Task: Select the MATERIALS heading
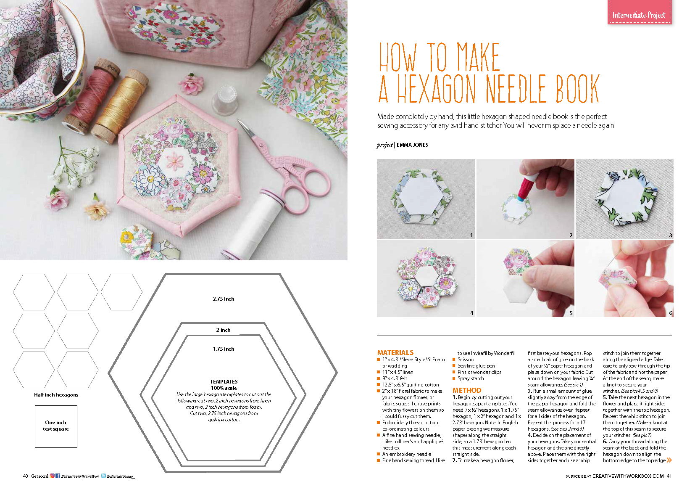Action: pyautogui.click(x=395, y=352)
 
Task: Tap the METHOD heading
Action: pyautogui.click(x=466, y=390)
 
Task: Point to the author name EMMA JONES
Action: pyautogui.click(x=412, y=145)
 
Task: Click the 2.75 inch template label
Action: pyautogui.click(x=223, y=299)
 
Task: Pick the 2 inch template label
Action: pyautogui.click(x=223, y=330)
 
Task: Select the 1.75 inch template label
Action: pyautogui.click(x=223, y=349)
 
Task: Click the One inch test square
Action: pyautogui.click(x=56, y=426)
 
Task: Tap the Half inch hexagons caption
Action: pyautogui.click(x=56, y=395)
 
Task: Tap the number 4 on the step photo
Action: pyautogui.click(x=471, y=313)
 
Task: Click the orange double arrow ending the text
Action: pyautogui.click(x=669, y=460)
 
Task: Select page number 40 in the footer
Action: pyautogui.click(x=25, y=476)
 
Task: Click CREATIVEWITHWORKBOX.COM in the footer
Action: pyautogui.click(x=628, y=476)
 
